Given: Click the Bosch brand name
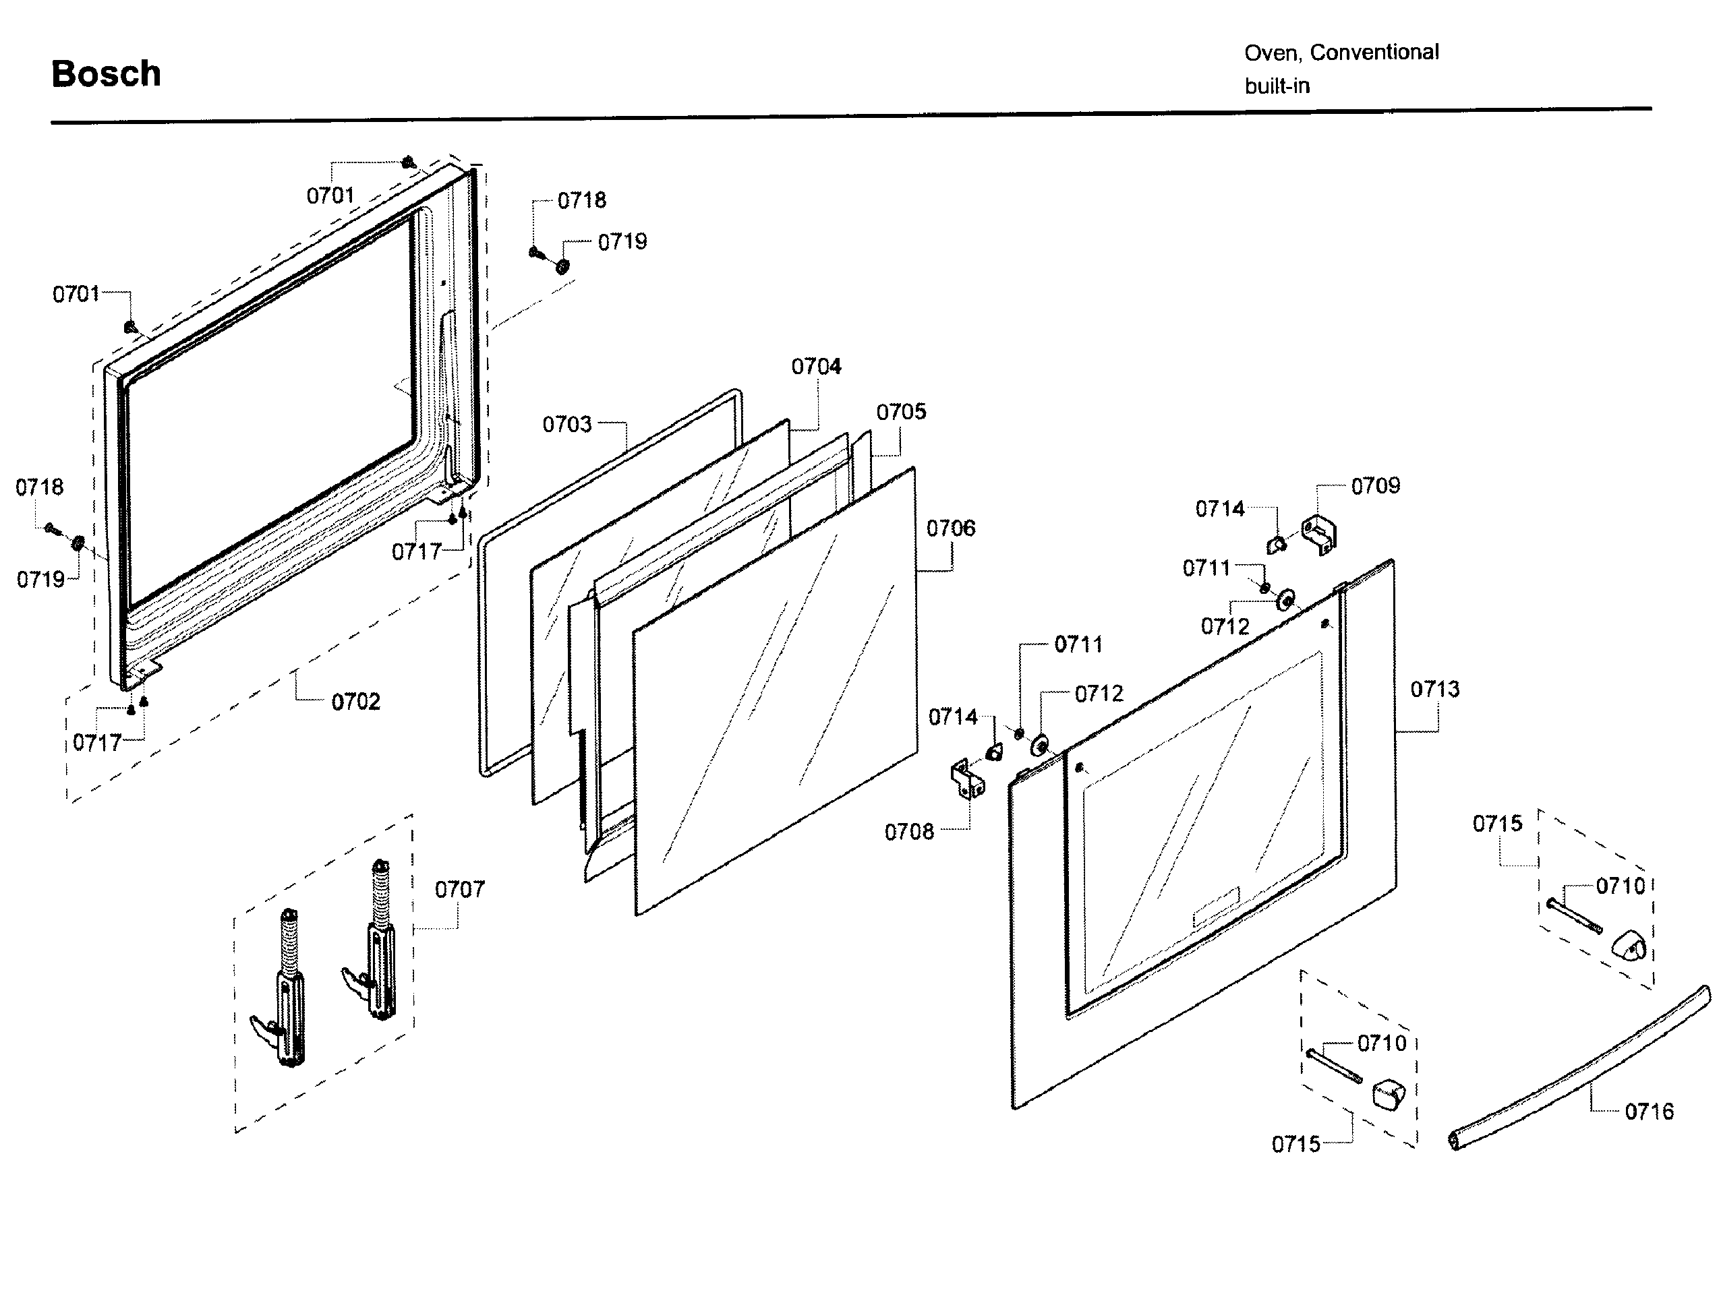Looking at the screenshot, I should pos(106,75).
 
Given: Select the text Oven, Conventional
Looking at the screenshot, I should pos(1341,53).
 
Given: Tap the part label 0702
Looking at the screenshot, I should pos(355,702).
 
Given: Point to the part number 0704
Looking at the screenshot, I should pos(816,367).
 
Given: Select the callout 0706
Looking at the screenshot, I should pos(950,529).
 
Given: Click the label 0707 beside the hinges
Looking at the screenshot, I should pos(459,889).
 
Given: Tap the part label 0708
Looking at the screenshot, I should pos(908,832).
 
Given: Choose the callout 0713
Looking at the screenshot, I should pos(1434,689).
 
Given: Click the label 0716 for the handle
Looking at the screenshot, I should pos(1648,1112).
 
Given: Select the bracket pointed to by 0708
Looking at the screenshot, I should pos(967,780).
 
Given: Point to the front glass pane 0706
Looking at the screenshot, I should pos(777,692).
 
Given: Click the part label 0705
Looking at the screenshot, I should pos(901,413).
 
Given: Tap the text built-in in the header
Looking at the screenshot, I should pos(1277,86).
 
